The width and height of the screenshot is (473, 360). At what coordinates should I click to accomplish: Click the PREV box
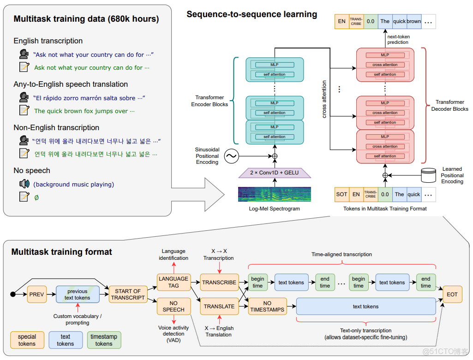[x=37, y=294]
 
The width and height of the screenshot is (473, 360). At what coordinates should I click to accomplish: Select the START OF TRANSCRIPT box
[x=127, y=294]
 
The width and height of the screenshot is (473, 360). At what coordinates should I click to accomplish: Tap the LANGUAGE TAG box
[x=174, y=282]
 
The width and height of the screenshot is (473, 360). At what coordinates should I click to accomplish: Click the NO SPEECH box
[x=174, y=306]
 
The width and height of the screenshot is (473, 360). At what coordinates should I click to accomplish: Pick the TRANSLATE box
[x=219, y=306]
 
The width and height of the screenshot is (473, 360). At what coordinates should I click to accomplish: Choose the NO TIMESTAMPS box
[x=267, y=306]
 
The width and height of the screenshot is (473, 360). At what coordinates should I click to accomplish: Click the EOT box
[x=452, y=294]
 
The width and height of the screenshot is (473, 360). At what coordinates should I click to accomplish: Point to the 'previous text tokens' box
[x=77, y=294]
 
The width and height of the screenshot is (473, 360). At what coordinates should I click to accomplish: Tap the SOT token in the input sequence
[x=341, y=194]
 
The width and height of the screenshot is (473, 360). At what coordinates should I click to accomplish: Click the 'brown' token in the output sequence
[x=413, y=21]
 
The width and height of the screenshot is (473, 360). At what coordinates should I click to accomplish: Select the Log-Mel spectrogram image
[x=275, y=194]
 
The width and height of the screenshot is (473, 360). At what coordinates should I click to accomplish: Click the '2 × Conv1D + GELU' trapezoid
[x=275, y=173]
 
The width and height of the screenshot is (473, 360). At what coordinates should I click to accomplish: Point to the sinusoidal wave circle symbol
[x=231, y=156]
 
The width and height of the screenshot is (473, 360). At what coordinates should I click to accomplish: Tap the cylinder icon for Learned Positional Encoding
[x=429, y=175]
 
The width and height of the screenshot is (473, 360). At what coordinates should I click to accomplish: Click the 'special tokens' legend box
[x=27, y=340]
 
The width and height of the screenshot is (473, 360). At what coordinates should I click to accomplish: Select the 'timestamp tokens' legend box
[x=104, y=340]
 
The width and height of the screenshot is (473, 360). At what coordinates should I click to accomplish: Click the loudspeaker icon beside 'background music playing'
[x=24, y=184]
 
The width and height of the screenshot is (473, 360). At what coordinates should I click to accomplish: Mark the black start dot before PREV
[x=13, y=294]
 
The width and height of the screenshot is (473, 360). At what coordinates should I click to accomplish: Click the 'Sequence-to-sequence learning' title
[x=251, y=14]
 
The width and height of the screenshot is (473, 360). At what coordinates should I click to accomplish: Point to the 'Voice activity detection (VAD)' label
[x=174, y=334]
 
